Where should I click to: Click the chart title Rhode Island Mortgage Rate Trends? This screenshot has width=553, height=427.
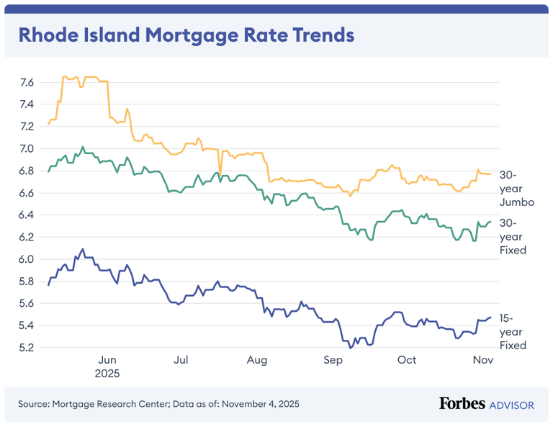click(x=186, y=35)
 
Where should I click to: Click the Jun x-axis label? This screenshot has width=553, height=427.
click(x=107, y=360)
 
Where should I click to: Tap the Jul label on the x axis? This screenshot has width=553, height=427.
click(x=181, y=360)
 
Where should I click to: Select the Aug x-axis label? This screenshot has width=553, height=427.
click(x=256, y=360)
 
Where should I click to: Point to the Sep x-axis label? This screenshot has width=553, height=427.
click(x=332, y=360)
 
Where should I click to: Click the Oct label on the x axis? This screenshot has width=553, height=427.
click(x=407, y=360)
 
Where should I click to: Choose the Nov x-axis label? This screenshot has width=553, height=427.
click(x=482, y=360)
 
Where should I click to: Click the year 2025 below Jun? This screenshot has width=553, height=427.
click(x=107, y=374)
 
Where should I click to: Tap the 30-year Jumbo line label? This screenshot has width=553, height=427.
click(x=516, y=189)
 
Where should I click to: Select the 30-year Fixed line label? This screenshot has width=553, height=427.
click(x=513, y=236)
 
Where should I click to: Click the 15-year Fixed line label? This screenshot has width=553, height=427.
click(x=513, y=331)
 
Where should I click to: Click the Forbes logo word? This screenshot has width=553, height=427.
click(x=462, y=404)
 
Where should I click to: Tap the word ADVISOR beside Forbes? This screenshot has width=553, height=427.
click(x=511, y=405)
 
